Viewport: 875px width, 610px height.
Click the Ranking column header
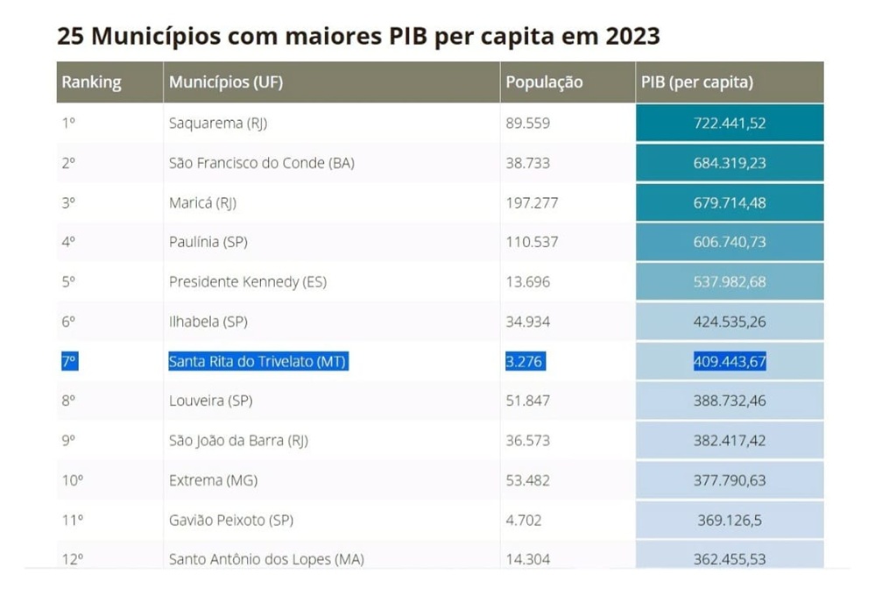click(x=91, y=82)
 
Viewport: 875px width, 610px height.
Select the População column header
click(x=544, y=82)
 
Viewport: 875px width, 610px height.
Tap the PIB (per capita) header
click(x=697, y=82)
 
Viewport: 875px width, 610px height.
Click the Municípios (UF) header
click(x=226, y=82)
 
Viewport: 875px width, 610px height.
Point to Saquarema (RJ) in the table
click(x=218, y=124)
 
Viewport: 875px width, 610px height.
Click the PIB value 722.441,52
click(x=730, y=124)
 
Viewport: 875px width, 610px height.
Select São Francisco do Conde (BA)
click(x=262, y=163)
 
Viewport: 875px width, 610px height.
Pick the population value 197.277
click(x=532, y=202)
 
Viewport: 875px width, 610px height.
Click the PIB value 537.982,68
click(x=730, y=282)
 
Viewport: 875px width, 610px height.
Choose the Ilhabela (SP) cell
click(x=208, y=322)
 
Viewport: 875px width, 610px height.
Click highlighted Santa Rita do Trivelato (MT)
click(x=258, y=361)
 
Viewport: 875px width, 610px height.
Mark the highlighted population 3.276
click(x=526, y=361)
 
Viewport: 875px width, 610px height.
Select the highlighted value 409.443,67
click(x=730, y=361)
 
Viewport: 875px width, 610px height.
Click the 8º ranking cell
click(x=69, y=401)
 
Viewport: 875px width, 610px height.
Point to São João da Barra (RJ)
click(x=239, y=441)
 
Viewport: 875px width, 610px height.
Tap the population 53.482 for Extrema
click(x=528, y=480)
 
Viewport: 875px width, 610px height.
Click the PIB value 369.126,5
click(x=730, y=520)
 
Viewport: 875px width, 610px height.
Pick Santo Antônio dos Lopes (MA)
click(x=266, y=559)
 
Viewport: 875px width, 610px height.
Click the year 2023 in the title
click(x=630, y=37)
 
